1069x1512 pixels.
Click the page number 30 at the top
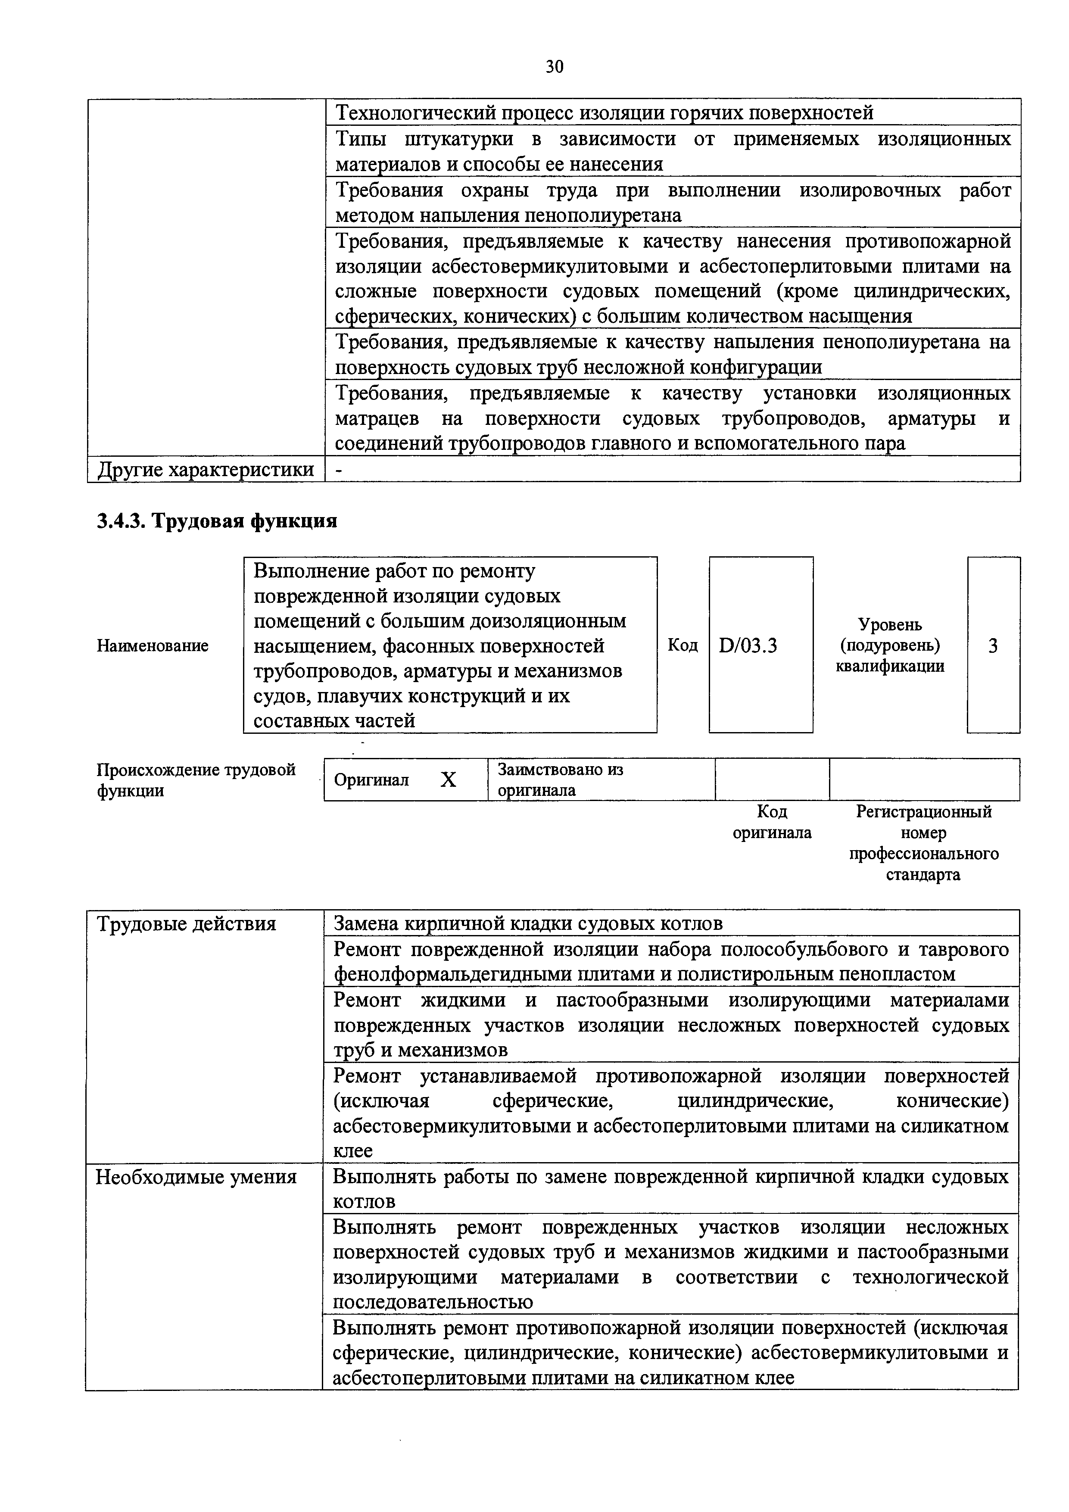(554, 66)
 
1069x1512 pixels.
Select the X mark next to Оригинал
(448, 780)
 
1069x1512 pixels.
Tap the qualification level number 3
(993, 646)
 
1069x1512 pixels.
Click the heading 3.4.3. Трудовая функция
(217, 521)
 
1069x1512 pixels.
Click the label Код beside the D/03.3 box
(683, 645)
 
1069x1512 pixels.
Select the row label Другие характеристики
(206, 470)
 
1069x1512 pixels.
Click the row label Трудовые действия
(187, 924)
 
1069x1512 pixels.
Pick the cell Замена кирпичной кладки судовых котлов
(528, 924)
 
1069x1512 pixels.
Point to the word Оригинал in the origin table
(371, 780)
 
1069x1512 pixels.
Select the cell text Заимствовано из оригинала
(559, 780)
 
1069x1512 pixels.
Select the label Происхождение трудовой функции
(196, 780)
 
